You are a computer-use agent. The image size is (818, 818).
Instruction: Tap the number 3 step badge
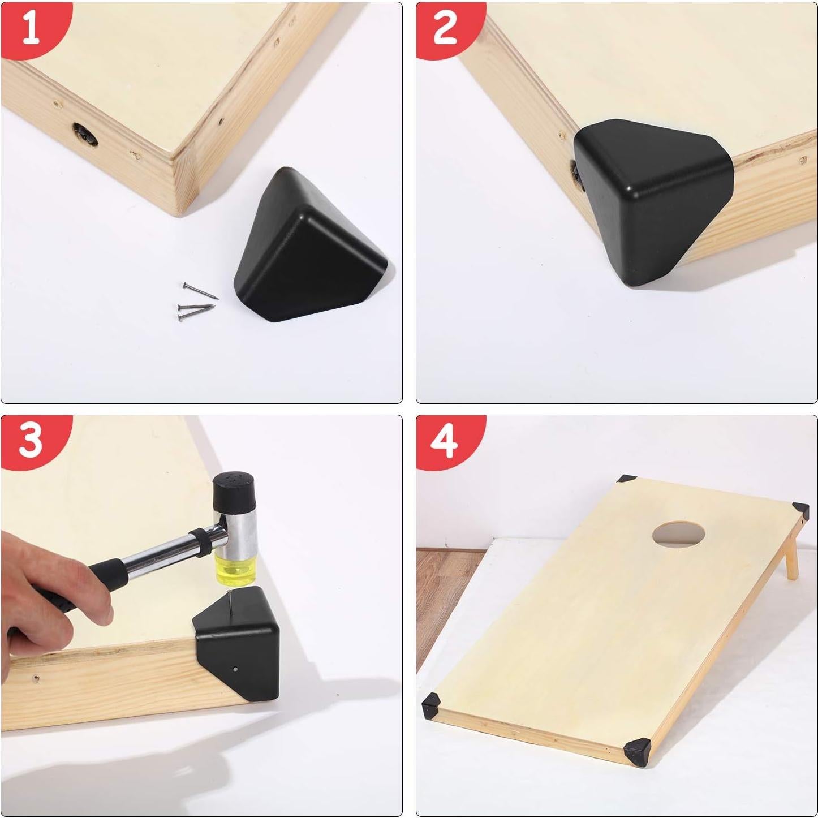tap(31, 441)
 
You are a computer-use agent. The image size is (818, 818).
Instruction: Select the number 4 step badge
tap(445, 441)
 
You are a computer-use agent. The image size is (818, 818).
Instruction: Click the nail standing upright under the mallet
tap(231, 602)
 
